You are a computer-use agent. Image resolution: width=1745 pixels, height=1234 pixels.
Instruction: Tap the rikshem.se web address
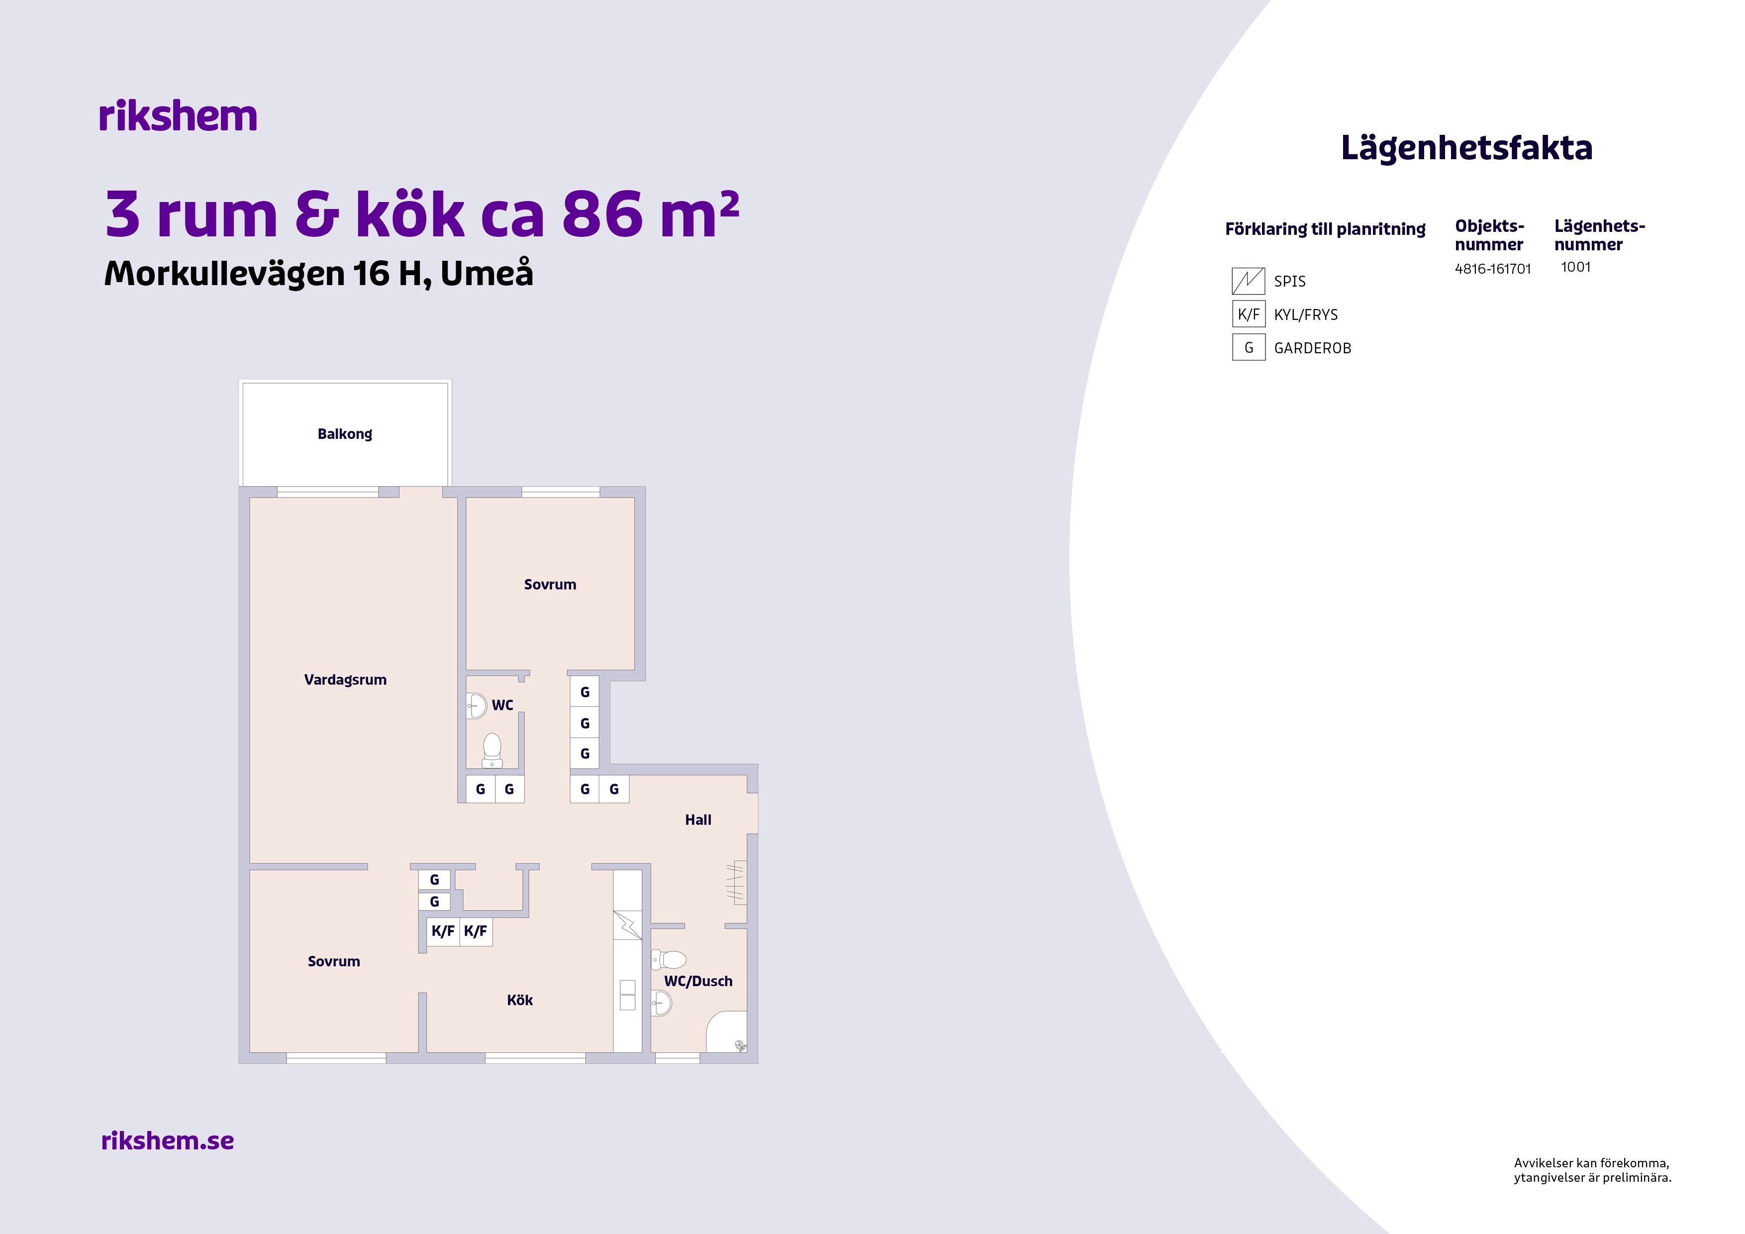(167, 1140)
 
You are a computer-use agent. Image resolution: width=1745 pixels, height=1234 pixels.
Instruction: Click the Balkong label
(345, 434)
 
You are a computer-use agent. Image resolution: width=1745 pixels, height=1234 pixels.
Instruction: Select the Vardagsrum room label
(345, 680)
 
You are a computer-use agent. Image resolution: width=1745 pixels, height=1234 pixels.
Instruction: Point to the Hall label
(698, 820)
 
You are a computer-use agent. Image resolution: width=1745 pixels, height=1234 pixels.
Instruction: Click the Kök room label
(520, 1000)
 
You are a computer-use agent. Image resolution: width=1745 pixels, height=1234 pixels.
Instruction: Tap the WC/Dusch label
(698, 981)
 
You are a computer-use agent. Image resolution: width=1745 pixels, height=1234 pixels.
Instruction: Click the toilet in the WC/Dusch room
(670, 959)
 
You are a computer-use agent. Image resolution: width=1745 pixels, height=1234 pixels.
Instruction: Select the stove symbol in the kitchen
(628, 925)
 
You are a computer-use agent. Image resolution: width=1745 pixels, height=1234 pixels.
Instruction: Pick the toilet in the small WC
(492, 750)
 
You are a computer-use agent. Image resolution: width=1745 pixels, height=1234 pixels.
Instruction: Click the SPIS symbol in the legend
(1248, 281)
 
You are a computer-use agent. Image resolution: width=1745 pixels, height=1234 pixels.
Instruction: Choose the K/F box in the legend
(1248, 314)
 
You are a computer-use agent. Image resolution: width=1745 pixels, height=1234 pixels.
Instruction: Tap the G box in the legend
(1248, 347)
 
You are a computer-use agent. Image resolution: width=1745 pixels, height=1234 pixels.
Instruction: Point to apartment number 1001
(1575, 267)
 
